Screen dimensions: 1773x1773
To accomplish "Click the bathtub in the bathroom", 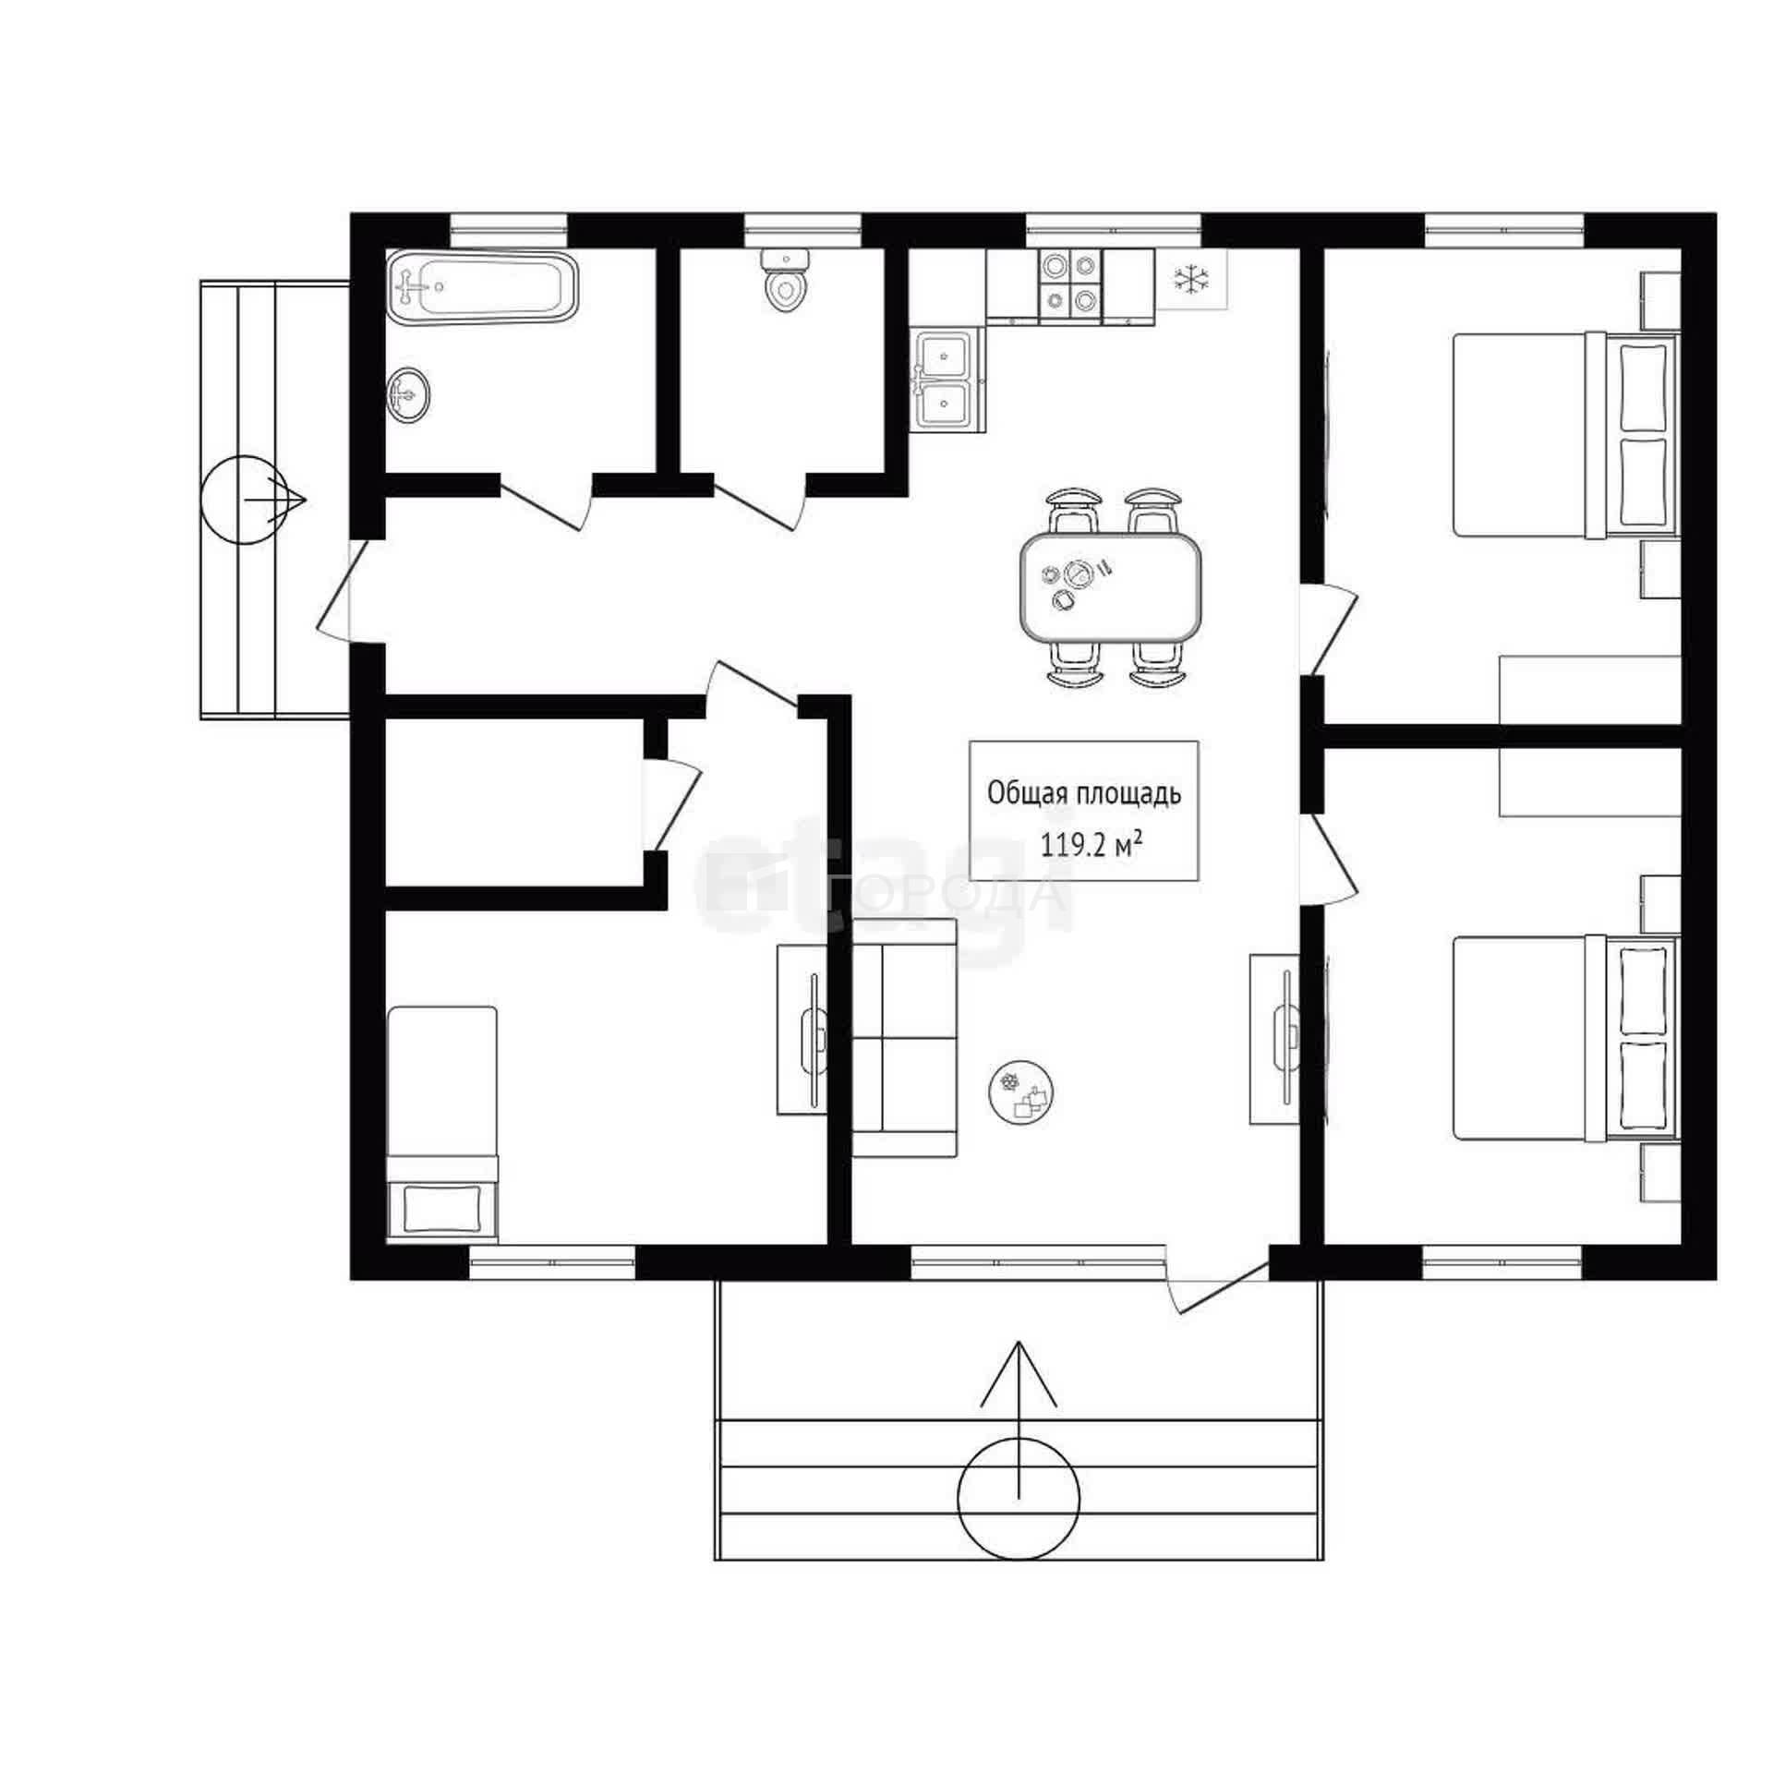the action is click(482, 287).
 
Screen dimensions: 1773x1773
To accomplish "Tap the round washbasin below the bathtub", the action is click(407, 395).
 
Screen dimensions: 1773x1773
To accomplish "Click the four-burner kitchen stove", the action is click(1070, 283).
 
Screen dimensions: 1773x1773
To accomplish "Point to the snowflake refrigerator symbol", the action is click(1191, 278).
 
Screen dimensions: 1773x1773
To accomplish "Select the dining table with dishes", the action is click(1111, 587).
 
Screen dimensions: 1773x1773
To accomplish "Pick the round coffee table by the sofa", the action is click(1021, 1092).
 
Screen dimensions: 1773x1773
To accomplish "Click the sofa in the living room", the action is click(904, 1038).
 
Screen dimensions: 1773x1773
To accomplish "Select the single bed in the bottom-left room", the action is click(442, 1124).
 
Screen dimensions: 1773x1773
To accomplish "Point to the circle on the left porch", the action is click(245, 501).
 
